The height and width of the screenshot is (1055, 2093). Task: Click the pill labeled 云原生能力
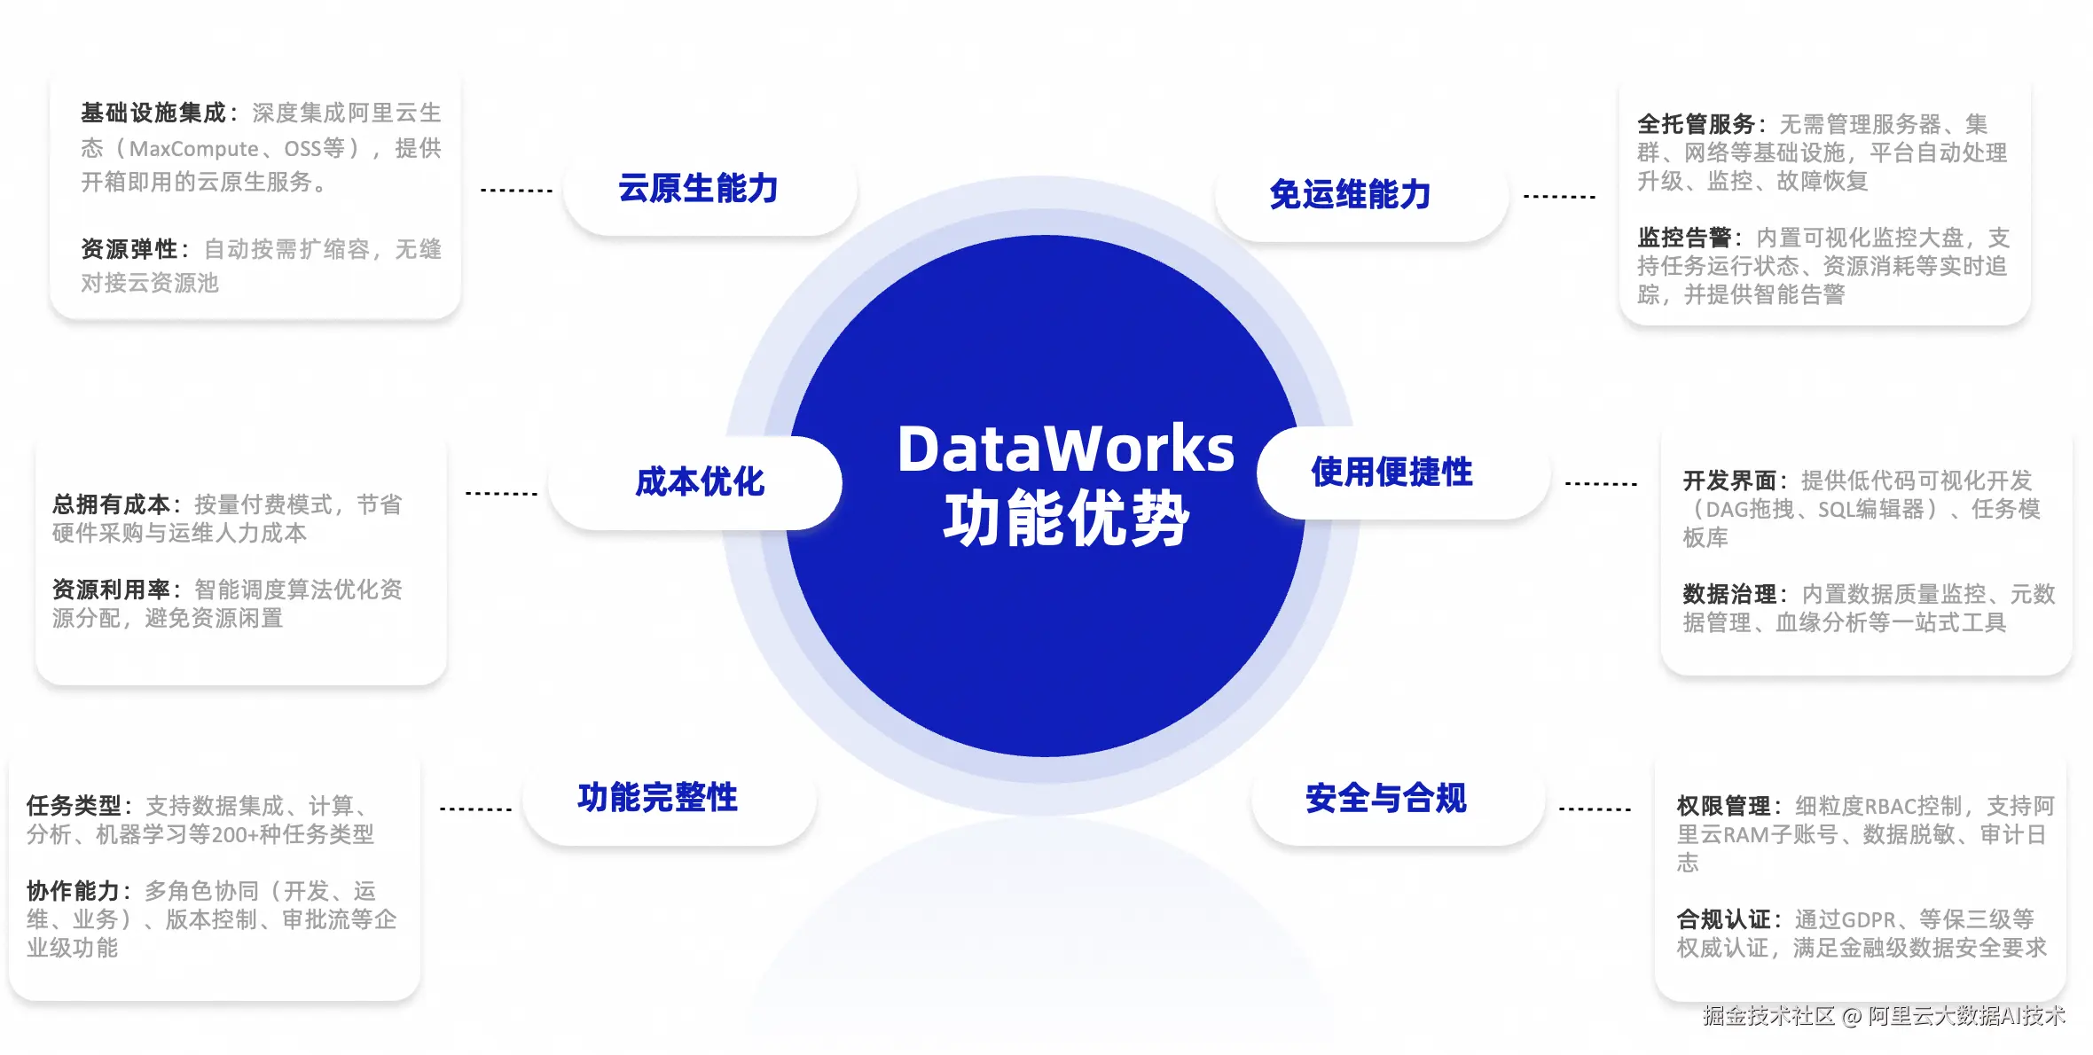709,189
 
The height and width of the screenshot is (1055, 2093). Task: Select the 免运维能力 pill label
1361,195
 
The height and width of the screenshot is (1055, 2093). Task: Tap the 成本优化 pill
695,482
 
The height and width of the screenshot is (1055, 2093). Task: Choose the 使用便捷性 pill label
1403,473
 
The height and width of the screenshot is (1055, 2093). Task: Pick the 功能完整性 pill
670,798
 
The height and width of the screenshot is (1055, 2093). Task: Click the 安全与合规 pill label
1398,798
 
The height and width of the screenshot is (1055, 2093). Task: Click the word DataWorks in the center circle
1066,449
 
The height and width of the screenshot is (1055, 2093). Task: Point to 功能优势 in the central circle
1066,519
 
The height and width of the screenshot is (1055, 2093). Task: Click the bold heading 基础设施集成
153,113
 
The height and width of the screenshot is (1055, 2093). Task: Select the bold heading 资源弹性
129,249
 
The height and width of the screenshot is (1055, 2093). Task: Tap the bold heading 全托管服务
1697,124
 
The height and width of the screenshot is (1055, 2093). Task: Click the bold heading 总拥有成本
111,504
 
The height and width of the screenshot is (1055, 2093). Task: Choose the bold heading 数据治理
1729,594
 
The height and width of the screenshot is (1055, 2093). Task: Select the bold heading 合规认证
1723,919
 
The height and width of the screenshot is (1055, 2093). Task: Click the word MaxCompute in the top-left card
194,149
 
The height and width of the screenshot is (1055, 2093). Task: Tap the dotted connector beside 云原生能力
516,191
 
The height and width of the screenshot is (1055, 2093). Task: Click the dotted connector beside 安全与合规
1595,809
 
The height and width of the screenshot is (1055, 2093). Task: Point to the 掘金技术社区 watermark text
1768,1016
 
